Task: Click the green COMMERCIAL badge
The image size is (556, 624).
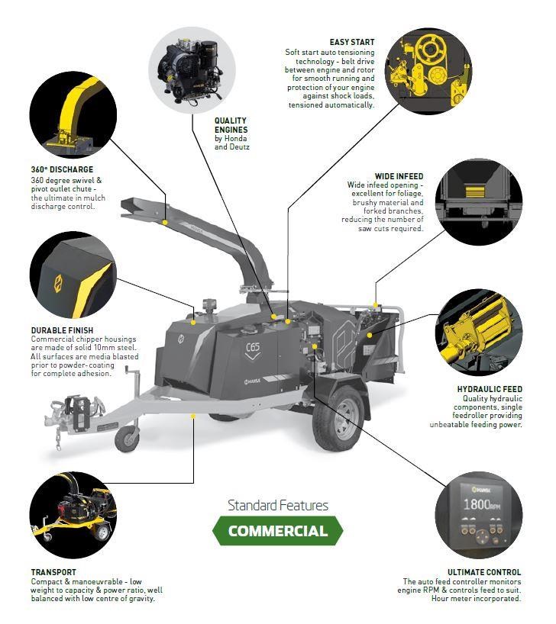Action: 277,530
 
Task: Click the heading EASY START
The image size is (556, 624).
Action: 352,42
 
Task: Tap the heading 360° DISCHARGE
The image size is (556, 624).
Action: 62,169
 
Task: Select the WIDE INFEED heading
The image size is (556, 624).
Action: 399,176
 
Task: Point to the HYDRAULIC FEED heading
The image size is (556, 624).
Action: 490,389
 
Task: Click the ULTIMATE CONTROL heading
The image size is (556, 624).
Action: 484,572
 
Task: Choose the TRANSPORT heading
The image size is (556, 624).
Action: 53,572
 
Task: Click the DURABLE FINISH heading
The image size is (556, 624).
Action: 62,330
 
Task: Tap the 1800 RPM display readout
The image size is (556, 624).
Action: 481,504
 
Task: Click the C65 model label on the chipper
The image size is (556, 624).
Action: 253,347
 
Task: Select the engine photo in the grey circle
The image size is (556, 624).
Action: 192,70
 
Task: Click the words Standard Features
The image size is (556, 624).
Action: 278,505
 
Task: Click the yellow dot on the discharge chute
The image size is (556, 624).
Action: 165,223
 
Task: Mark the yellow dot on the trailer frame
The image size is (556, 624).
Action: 193,417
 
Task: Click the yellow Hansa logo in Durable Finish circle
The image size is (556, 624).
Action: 58,284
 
